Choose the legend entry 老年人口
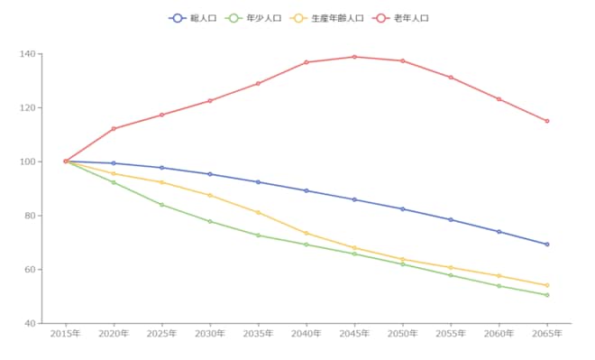coord(403,18)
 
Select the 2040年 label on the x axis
coord(307,334)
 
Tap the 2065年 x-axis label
coord(547,334)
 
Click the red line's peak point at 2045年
coord(354,57)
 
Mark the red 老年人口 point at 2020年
coord(114,129)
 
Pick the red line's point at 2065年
coord(547,121)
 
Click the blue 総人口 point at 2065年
coord(547,245)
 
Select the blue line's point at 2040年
coord(307,190)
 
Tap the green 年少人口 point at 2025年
coord(161,205)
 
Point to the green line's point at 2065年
coord(547,295)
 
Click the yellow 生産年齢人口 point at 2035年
coord(258,212)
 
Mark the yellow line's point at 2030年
coord(210,195)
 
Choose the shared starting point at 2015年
coord(66,162)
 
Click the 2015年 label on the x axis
coord(66,334)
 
